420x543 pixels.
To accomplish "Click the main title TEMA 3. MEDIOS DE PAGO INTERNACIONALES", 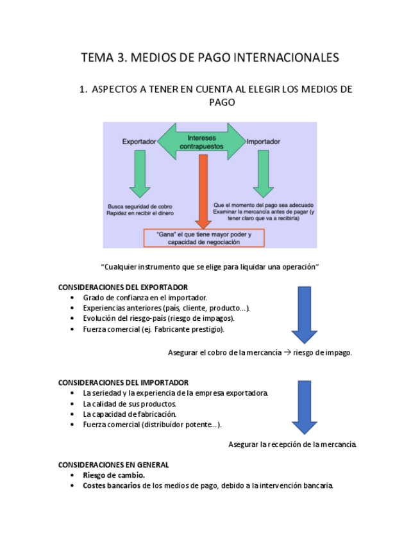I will pos(210,58).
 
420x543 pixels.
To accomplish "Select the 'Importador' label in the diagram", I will pos(264,142).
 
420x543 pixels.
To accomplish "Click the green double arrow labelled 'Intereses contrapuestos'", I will pos(201,142).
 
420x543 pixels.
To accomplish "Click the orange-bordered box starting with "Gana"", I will pos(204,238).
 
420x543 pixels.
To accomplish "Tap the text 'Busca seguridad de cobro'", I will pos(139,206).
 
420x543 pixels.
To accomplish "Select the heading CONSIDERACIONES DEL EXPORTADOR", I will pos(122,288).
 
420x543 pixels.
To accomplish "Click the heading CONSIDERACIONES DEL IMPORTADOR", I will pos(123,382).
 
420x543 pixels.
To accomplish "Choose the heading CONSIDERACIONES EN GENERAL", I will pos(113,465).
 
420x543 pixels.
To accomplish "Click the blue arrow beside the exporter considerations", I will pos(304,314).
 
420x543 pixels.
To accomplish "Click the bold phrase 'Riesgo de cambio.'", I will pos(113,475).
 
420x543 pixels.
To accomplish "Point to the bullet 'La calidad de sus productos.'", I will pos(129,404).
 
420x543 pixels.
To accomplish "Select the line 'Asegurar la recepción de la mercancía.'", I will pos(292,444).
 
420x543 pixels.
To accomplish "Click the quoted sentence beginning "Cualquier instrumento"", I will pos(210,266).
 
